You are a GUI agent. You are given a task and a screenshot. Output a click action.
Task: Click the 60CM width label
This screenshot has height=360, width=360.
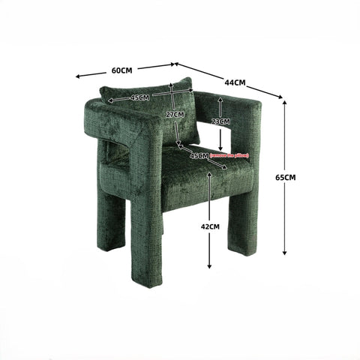[x=121, y=70]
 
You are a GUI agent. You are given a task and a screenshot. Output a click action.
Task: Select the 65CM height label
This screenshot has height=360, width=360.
[x=286, y=177]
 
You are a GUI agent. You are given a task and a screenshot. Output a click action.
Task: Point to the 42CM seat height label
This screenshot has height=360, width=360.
[x=210, y=226]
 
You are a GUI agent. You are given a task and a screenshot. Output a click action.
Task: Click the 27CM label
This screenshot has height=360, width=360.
[x=174, y=114]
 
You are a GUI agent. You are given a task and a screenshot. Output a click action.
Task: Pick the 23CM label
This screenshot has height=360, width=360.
[x=220, y=121]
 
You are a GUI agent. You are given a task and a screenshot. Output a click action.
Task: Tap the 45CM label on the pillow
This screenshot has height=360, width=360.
[x=139, y=97]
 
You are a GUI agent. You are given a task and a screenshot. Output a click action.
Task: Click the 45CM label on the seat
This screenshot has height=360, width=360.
[x=198, y=156]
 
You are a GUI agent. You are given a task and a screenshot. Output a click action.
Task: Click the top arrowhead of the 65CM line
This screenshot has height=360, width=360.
[x=285, y=102]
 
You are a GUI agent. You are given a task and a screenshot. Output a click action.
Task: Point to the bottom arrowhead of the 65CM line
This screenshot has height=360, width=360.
[x=285, y=253]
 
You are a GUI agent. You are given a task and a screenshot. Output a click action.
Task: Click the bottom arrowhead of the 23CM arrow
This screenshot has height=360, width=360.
[x=220, y=149]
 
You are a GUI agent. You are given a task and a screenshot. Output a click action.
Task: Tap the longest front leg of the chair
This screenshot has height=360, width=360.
[x=146, y=240]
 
